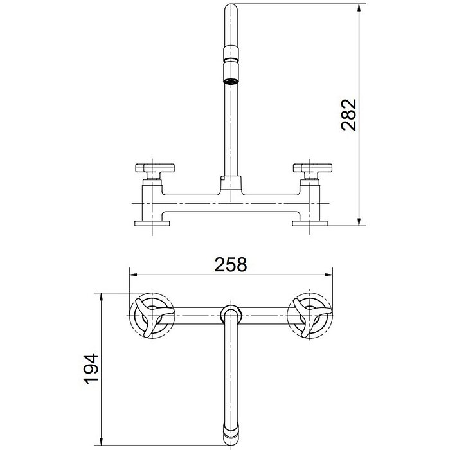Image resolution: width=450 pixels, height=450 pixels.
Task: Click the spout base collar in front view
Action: [230, 183]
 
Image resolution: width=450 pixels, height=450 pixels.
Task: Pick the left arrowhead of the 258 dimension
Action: [132, 274]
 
